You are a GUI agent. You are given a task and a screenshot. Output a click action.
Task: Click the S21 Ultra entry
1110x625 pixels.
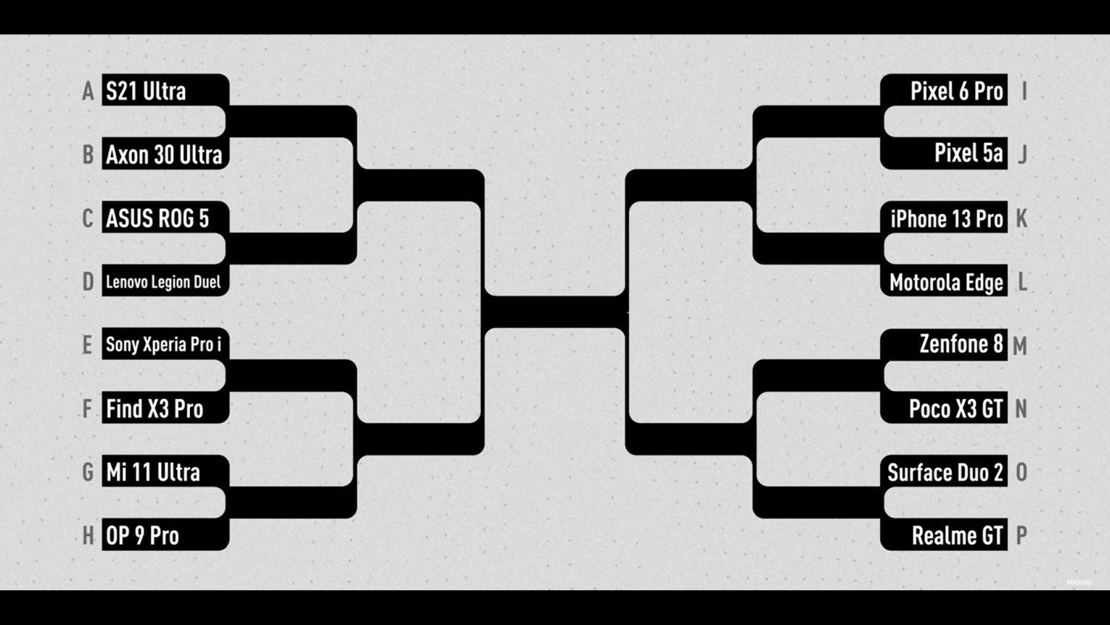click(x=164, y=90)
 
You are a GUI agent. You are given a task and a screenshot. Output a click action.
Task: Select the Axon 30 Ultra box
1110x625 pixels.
click(x=164, y=154)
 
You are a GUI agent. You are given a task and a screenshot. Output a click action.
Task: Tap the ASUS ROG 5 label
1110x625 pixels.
click(x=164, y=218)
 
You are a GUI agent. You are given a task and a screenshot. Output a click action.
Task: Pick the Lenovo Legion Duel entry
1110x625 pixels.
click(x=164, y=281)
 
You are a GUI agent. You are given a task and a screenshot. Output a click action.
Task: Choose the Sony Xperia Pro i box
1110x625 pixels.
click(x=164, y=344)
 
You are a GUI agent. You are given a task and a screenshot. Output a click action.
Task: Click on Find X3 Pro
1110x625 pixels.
click(x=164, y=408)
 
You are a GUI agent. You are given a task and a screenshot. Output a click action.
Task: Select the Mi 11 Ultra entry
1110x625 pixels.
click(x=164, y=472)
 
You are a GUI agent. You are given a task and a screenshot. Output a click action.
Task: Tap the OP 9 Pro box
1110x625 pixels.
click(x=164, y=535)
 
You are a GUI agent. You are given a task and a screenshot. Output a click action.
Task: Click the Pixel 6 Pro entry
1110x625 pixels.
click(x=945, y=90)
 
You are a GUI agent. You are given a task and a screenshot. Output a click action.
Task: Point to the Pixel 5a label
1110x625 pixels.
click(x=945, y=153)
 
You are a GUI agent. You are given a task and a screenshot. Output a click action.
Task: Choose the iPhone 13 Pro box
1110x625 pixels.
click(x=945, y=218)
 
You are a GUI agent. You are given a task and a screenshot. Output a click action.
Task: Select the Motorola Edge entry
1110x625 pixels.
click(x=945, y=281)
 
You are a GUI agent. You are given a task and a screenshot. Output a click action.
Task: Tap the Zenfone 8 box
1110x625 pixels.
click(x=945, y=344)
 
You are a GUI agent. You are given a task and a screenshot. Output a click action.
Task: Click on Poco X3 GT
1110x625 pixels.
click(x=945, y=408)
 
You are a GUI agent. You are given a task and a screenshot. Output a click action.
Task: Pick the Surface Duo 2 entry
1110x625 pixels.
click(x=945, y=472)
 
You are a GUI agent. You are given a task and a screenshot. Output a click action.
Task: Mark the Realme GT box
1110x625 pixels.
click(x=945, y=535)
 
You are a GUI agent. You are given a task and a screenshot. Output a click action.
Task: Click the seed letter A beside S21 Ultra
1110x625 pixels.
click(x=88, y=91)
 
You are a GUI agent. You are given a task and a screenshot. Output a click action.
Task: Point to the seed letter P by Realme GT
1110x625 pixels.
click(x=1021, y=535)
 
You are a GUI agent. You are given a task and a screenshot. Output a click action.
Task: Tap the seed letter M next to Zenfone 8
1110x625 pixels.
click(x=1020, y=346)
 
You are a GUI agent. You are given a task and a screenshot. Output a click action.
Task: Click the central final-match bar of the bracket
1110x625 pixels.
click(x=554, y=312)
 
